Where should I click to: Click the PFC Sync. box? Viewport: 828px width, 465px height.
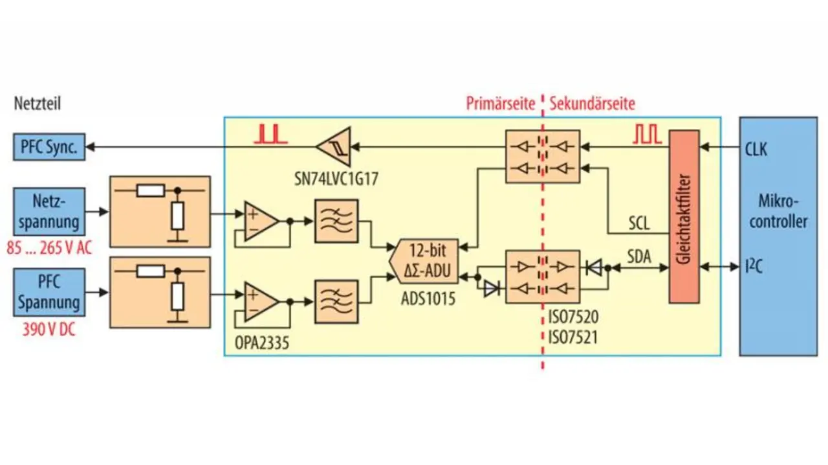click(x=49, y=147)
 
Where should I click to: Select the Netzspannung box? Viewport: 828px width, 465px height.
click(x=49, y=212)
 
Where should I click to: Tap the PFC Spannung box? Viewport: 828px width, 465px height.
click(x=49, y=293)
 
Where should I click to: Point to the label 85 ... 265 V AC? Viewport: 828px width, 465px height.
click(x=49, y=248)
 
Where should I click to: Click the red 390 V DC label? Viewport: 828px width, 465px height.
click(x=49, y=329)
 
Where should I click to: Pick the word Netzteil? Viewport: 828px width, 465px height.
click(x=38, y=104)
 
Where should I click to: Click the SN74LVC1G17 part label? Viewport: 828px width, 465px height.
click(x=336, y=179)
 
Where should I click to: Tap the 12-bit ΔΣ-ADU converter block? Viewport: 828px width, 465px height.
click(x=424, y=262)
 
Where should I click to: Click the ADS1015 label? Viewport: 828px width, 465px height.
click(x=428, y=299)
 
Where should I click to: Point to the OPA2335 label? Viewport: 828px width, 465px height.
click(x=262, y=343)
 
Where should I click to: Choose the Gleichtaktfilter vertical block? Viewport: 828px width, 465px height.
click(x=684, y=216)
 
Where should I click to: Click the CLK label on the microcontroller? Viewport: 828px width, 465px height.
click(x=756, y=150)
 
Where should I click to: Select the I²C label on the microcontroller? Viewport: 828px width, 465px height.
click(x=754, y=267)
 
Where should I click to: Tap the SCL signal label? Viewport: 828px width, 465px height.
click(x=639, y=223)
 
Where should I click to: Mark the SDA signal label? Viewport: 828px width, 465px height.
click(x=639, y=256)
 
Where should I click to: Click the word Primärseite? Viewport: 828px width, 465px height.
click(x=501, y=104)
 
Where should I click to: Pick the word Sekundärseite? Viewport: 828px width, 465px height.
click(x=593, y=104)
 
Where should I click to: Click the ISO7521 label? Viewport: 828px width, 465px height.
click(x=573, y=337)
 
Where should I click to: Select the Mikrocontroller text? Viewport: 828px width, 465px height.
click(x=778, y=212)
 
